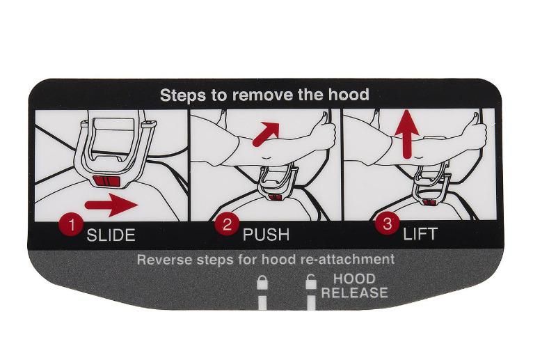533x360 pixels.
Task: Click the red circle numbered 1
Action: pos(72,225)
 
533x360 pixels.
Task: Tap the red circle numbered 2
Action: pos(226,224)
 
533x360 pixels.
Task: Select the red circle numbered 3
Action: pos(387,224)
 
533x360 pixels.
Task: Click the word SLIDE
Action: pos(111,235)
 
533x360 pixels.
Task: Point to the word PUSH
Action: pos(266,235)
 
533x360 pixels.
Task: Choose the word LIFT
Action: pos(420,234)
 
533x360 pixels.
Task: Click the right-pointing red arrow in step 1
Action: pos(111,205)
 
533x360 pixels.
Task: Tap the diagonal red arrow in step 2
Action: pos(266,134)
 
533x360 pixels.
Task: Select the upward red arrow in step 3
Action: pos(408,135)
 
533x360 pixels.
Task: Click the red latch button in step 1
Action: pos(106,181)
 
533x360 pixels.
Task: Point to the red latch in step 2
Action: pos(276,197)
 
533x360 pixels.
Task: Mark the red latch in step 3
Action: pos(431,203)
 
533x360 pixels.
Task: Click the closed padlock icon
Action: pos(262,283)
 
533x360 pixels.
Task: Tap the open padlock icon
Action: pos(311,282)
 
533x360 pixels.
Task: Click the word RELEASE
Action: pos(355,292)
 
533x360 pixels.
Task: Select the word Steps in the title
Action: pos(182,95)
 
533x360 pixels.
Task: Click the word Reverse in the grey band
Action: pos(164,260)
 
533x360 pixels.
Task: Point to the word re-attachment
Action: pos(348,259)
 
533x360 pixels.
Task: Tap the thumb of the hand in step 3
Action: pos(473,119)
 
